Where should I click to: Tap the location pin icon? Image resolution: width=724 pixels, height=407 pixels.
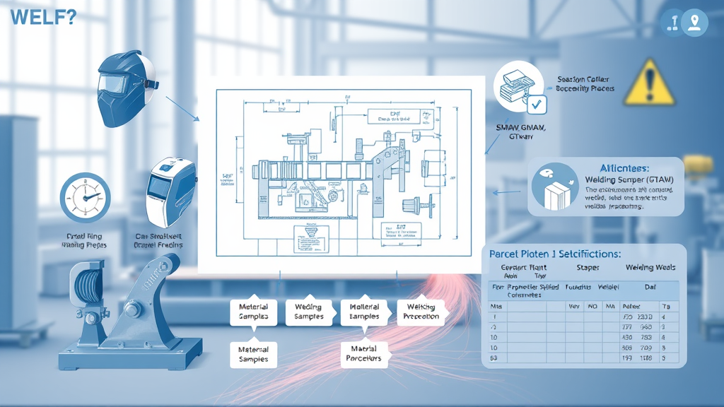click(x=695, y=23)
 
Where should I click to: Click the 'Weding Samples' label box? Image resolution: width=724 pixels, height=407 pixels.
click(x=308, y=312)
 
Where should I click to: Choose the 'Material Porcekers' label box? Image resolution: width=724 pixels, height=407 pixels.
click(x=365, y=353)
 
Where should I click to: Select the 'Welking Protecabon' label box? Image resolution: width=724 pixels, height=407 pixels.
click(x=422, y=312)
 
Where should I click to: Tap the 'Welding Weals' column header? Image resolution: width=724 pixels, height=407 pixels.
click(x=650, y=268)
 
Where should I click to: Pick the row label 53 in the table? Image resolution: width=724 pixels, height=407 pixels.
click(x=493, y=359)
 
